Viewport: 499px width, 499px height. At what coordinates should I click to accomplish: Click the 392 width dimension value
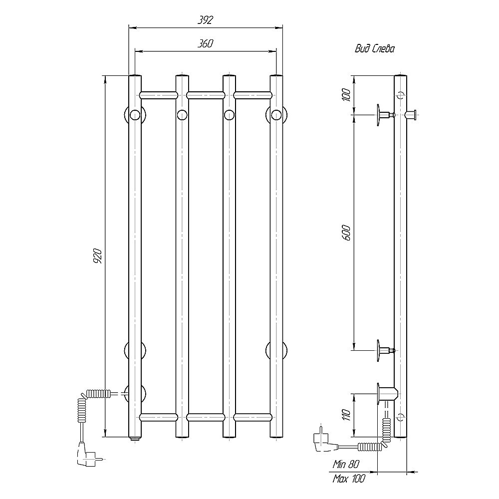click(x=205, y=20)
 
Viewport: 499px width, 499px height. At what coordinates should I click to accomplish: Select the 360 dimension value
click(x=205, y=43)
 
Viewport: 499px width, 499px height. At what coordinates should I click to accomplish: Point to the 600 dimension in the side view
click(x=347, y=233)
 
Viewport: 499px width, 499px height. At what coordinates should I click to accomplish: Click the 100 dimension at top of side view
click(x=347, y=95)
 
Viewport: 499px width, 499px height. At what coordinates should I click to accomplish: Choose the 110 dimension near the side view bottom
click(x=347, y=415)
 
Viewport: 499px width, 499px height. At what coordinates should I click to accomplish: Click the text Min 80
click(x=346, y=464)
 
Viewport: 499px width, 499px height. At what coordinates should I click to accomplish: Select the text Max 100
click(x=349, y=479)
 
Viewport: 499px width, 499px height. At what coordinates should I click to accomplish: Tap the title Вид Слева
click(x=375, y=49)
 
